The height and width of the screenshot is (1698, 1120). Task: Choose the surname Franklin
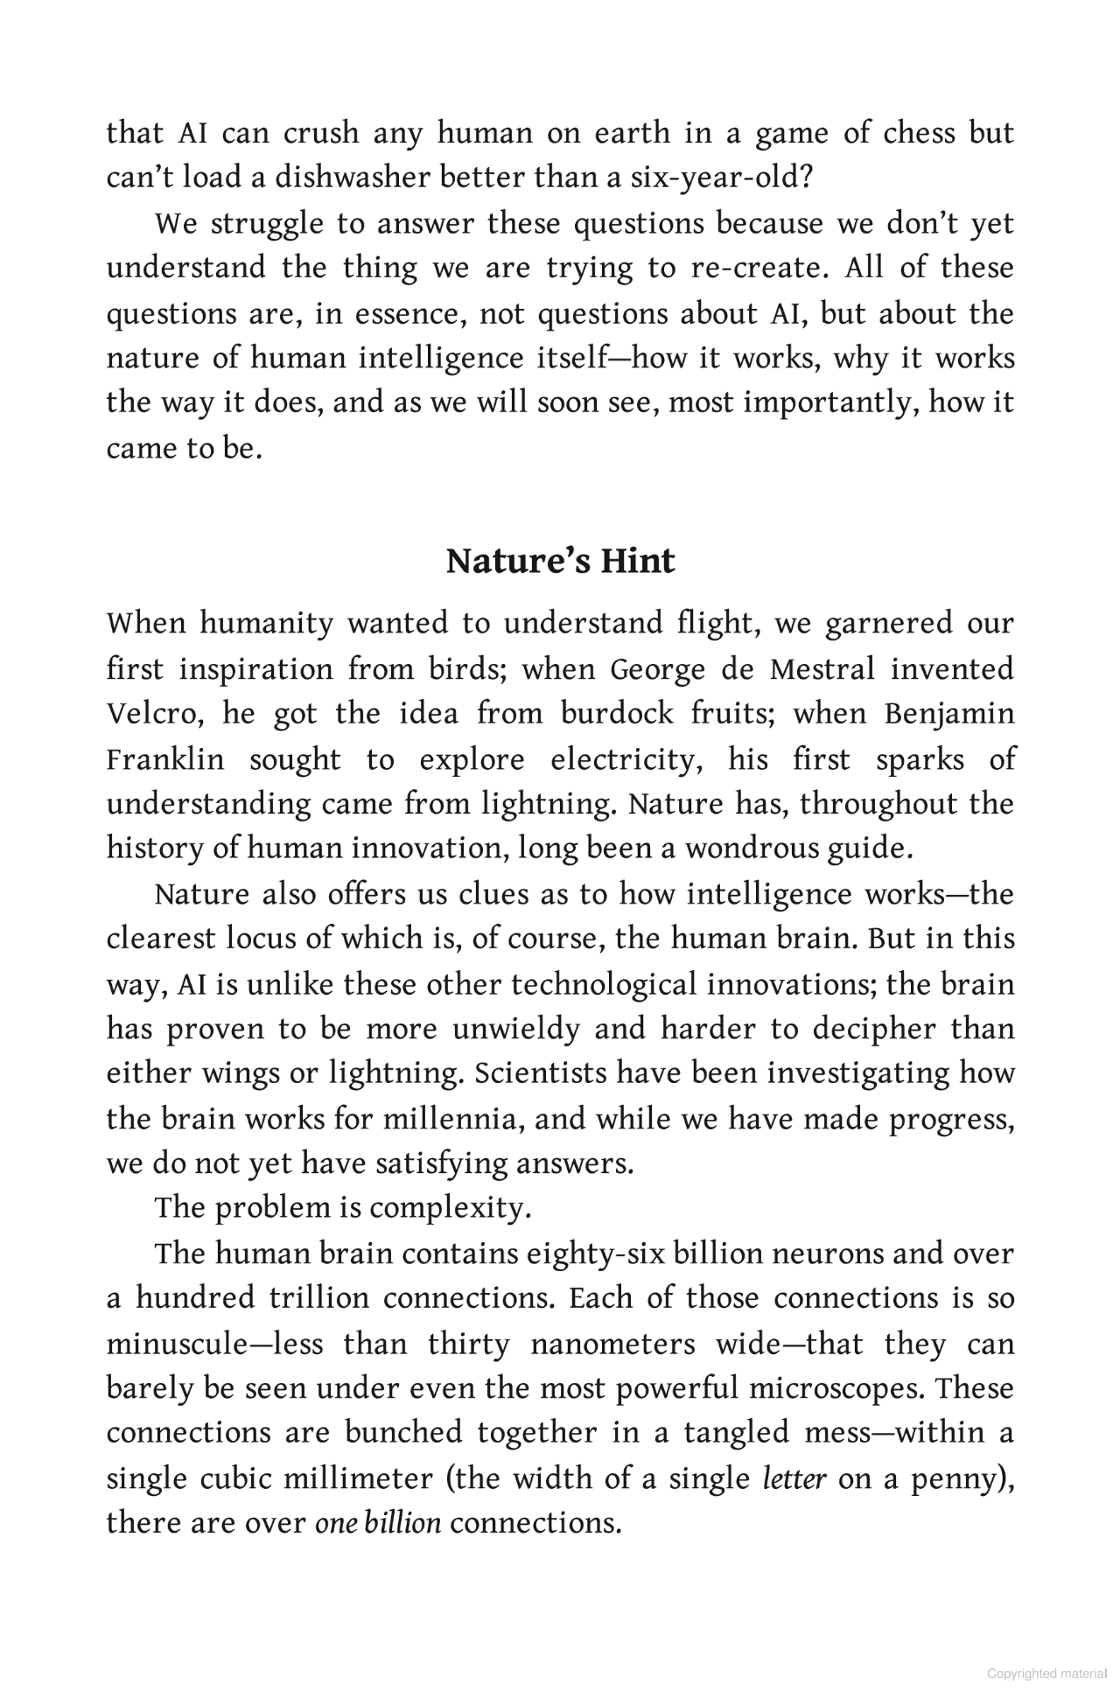tap(165, 759)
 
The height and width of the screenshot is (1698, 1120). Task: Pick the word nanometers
tap(612, 1344)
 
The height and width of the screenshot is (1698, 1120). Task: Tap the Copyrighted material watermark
tap(1047, 1674)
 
